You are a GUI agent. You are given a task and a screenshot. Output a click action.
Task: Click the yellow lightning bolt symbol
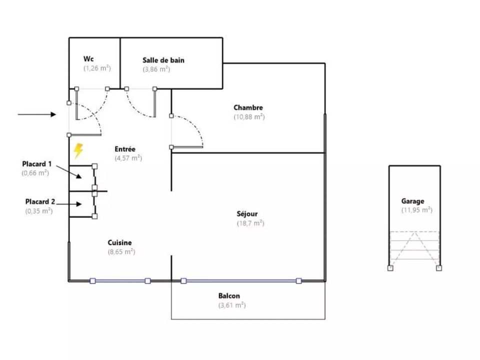point(78,150)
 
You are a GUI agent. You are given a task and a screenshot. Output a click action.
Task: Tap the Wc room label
point(88,58)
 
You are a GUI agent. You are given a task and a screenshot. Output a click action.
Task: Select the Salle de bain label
point(163,60)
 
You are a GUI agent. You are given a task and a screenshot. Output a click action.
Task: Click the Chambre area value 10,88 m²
point(249,116)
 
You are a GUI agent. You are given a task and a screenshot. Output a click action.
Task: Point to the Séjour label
point(247,213)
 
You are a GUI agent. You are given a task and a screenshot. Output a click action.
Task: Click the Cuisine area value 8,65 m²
point(121,251)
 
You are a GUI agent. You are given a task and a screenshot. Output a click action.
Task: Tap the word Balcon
point(229,295)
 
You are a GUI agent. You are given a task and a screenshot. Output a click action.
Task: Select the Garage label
point(412,201)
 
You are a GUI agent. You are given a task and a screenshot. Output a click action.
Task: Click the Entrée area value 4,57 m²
point(128,158)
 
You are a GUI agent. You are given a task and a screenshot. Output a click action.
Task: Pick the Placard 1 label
point(37,164)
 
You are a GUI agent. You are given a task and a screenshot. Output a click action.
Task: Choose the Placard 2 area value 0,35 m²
point(39,211)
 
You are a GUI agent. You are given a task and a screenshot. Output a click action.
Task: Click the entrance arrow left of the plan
point(36,114)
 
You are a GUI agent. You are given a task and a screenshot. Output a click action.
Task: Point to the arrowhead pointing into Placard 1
point(79,176)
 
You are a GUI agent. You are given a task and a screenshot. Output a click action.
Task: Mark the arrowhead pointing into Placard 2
point(79,204)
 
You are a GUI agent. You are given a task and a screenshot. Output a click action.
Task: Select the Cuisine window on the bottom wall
point(120,280)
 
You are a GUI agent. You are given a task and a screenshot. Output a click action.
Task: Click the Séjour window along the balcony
point(241,280)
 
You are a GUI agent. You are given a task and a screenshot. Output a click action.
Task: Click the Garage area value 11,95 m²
point(417,210)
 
